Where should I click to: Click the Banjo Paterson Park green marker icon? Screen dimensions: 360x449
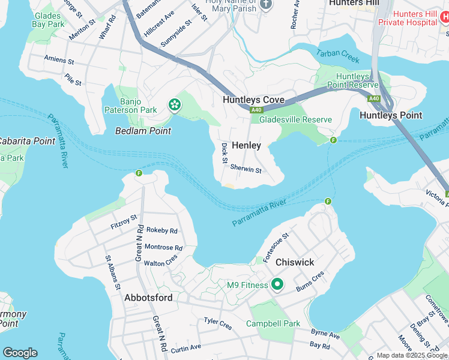174,105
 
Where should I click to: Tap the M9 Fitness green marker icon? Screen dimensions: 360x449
277,284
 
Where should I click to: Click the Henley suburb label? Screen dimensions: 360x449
247,146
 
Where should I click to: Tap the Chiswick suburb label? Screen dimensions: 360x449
295,263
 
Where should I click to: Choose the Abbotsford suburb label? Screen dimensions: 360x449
148,298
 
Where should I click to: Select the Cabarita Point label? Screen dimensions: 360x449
28,141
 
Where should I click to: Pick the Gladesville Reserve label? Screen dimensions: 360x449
295,119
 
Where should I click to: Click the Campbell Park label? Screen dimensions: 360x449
273,323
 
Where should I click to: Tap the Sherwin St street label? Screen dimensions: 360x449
246,170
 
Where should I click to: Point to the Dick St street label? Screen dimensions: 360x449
224,152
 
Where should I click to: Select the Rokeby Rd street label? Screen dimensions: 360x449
162,230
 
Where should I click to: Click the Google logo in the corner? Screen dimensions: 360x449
20,353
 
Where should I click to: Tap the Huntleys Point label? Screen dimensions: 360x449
391,115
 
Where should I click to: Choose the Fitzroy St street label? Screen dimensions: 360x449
124,221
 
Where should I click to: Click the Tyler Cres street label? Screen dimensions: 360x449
218,324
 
